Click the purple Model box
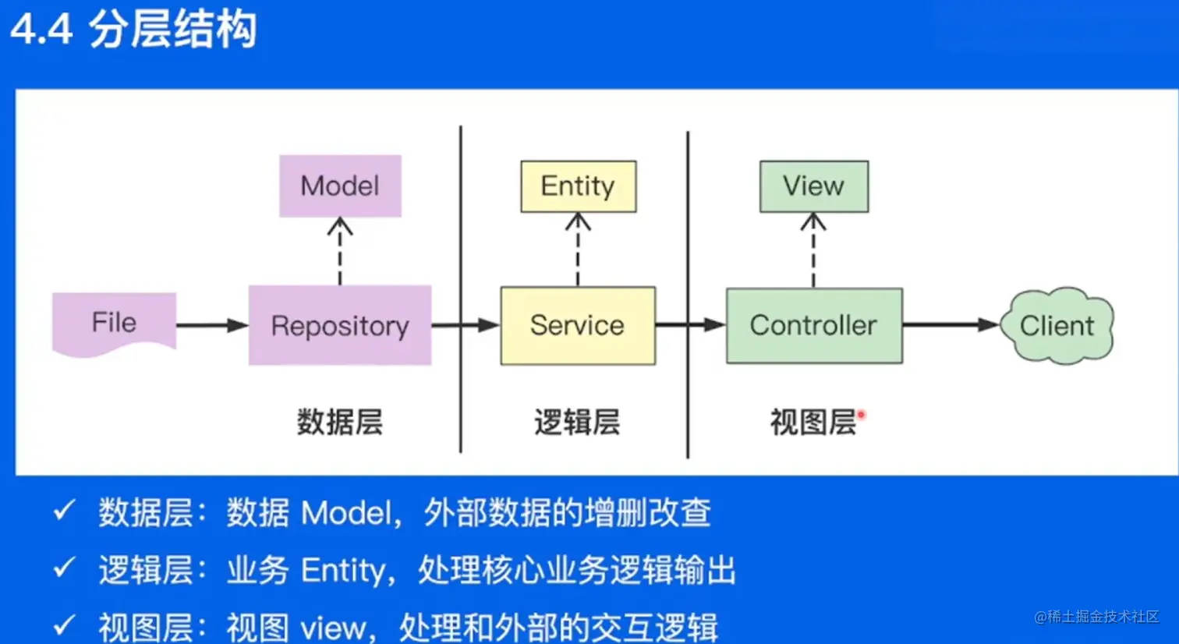[340, 186]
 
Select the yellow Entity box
[578, 186]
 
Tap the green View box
[813, 186]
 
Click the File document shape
[114, 323]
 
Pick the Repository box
[339, 325]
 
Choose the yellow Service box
[577, 325]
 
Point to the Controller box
[813, 325]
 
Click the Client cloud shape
[1057, 325]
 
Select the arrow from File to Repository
[211, 325]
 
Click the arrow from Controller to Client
[950, 324]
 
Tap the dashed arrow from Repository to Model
[339, 251]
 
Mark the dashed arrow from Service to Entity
[578, 249]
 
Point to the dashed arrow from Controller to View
[813, 250]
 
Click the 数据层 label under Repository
[339, 422]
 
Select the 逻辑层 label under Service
[577, 422]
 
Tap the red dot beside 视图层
[862, 414]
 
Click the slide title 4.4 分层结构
[133, 30]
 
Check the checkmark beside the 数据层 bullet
[63, 511]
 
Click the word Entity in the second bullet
[343, 571]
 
